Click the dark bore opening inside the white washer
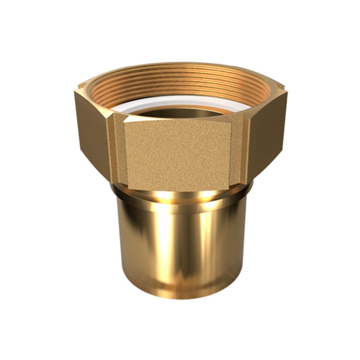pos(180,113)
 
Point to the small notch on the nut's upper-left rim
pos(81,86)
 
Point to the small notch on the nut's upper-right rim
pos(281,86)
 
